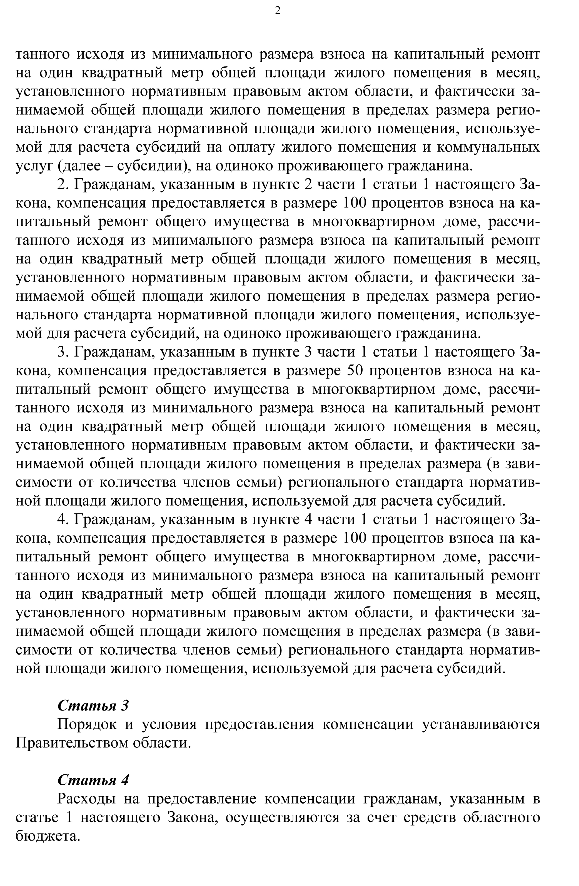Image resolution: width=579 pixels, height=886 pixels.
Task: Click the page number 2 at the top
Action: [278, 11]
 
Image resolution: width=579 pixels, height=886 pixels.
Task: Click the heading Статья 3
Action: [93, 705]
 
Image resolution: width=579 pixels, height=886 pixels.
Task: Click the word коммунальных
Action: [488, 147]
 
